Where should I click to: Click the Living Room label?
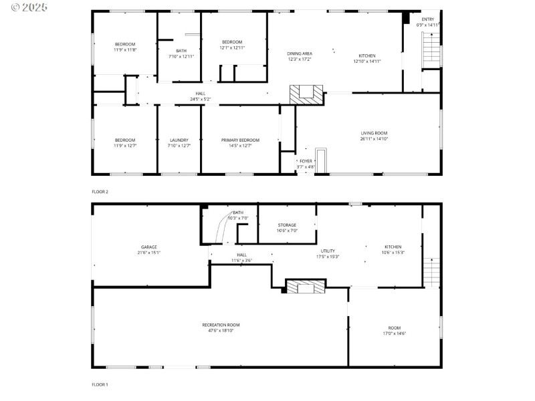[374, 133]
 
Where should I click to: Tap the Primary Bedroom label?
[240, 140]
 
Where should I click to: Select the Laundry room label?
[179, 140]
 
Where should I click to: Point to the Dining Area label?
[300, 53]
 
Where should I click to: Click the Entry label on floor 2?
[427, 19]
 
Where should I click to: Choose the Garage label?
[148, 247]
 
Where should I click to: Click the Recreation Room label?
[221, 325]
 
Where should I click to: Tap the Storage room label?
[287, 225]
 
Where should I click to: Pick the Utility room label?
[328, 251]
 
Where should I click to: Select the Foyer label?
[306, 160]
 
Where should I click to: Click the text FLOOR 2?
[100, 192]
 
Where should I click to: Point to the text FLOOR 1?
[100, 384]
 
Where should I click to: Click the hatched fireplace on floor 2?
[306, 94]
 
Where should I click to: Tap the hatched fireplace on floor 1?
[306, 287]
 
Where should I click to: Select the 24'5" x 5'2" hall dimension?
[200, 100]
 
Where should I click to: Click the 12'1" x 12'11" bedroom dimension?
[232, 47]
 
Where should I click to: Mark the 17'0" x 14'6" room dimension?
[395, 333]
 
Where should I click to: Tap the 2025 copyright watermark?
[25, 7]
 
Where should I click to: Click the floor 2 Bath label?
[181, 50]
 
